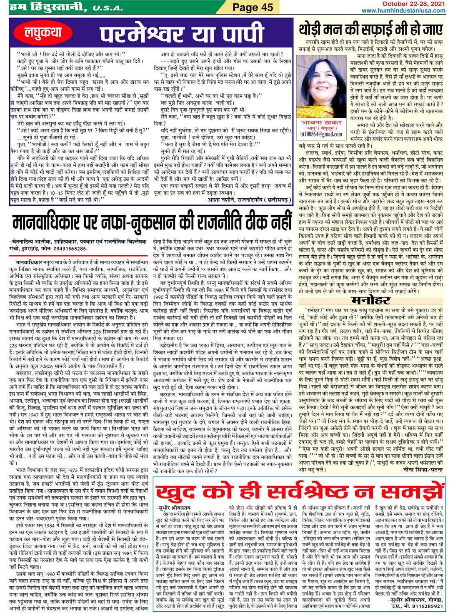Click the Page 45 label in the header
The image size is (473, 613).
click(x=253, y=7)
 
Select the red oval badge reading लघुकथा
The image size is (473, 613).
click(x=43, y=32)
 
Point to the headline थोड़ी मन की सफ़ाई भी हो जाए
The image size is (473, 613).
click(x=370, y=30)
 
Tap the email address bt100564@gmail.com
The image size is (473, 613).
click(x=321, y=135)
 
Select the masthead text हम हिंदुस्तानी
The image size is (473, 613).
click(x=42, y=7)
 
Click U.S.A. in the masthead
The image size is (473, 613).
click(x=108, y=8)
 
